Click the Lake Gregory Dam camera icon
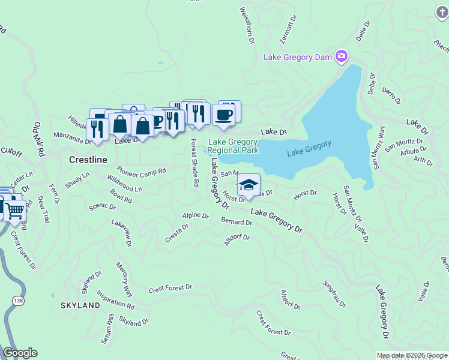pos(342,56)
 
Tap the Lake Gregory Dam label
pos(299,57)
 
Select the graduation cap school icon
pos(248,185)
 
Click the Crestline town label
pos(88,160)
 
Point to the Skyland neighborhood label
pos(80,305)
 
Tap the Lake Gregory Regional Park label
pos(233,146)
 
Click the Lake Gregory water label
pos(309,148)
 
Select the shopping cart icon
pos(14,210)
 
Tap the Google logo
pos(20,353)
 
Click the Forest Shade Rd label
pos(194,162)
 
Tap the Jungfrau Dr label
pos(334,293)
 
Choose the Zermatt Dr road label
pos(289,30)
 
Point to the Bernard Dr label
pos(237,222)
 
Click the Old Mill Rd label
pos(40,139)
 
